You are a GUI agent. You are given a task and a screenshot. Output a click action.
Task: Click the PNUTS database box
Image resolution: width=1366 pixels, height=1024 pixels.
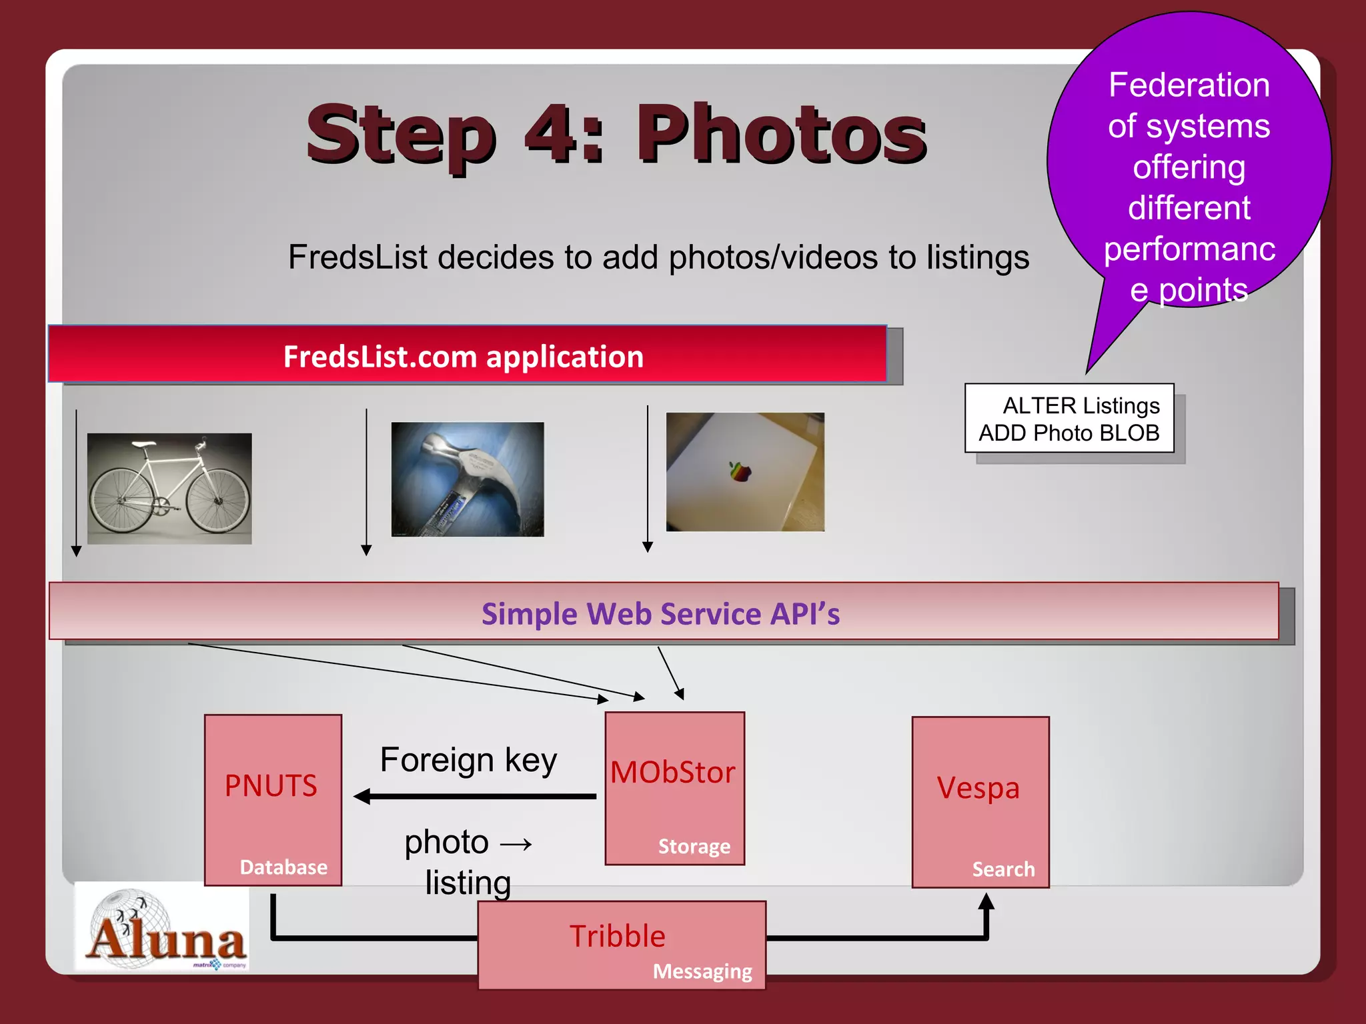click(x=273, y=799)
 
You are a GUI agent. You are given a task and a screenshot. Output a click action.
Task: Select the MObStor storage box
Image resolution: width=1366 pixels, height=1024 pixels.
click(x=674, y=788)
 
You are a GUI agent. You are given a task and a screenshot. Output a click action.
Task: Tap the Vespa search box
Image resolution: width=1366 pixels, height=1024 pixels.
click(x=980, y=801)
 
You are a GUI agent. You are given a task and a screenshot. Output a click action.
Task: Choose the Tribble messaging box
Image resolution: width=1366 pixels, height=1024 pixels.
click(x=622, y=944)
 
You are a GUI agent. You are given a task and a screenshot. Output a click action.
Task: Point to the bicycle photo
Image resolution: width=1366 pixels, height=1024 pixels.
click(x=169, y=488)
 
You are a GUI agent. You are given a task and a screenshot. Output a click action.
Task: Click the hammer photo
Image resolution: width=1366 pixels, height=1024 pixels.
click(x=467, y=479)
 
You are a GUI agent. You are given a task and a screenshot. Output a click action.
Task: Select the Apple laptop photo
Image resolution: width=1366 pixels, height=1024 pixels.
click(x=745, y=471)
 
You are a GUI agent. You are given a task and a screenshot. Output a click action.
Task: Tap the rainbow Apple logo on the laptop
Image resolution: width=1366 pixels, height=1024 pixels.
click(x=740, y=471)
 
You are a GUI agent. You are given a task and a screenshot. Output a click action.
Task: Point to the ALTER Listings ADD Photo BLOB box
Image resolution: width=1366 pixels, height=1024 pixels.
click(x=1069, y=418)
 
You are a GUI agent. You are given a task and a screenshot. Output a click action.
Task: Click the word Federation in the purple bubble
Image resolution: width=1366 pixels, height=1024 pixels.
click(x=1189, y=85)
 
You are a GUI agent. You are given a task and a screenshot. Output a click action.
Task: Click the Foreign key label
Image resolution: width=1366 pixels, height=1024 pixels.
click(x=468, y=760)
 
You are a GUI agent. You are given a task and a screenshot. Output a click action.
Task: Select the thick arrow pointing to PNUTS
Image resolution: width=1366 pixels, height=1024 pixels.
click(x=474, y=796)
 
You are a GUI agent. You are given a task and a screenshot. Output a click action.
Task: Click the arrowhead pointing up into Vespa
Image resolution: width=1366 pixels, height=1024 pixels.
click(x=986, y=902)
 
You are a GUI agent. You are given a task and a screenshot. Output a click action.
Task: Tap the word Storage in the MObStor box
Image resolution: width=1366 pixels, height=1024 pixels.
click(x=694, y=846)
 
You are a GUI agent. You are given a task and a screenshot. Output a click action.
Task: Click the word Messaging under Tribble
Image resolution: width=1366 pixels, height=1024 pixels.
click(x=702, y=971)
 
